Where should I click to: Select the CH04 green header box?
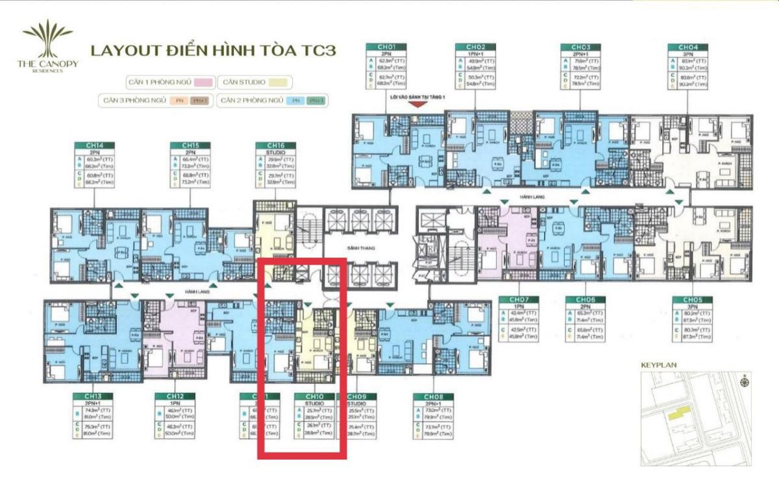[x=688, y=47]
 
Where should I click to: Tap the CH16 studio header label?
[x=270, y=146]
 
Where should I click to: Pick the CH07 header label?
[x=510, y=300]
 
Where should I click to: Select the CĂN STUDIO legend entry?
[x=255, y=82]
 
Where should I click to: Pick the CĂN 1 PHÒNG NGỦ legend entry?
[x=170, y=82]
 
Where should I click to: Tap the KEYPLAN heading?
[x=658, y=365]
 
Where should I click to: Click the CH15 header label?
[x=183, y=146]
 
